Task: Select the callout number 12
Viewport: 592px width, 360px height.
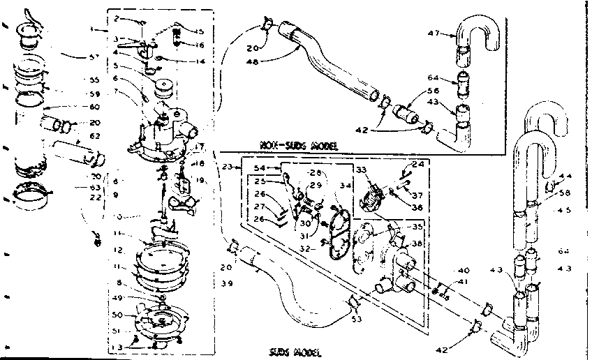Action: (x=118, y=249)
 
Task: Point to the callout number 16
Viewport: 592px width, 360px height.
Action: (x=200, y=45)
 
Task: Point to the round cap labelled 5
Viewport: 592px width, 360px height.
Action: (x=165, y=87)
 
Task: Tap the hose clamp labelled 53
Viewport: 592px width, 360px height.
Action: (x=354, y=302)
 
